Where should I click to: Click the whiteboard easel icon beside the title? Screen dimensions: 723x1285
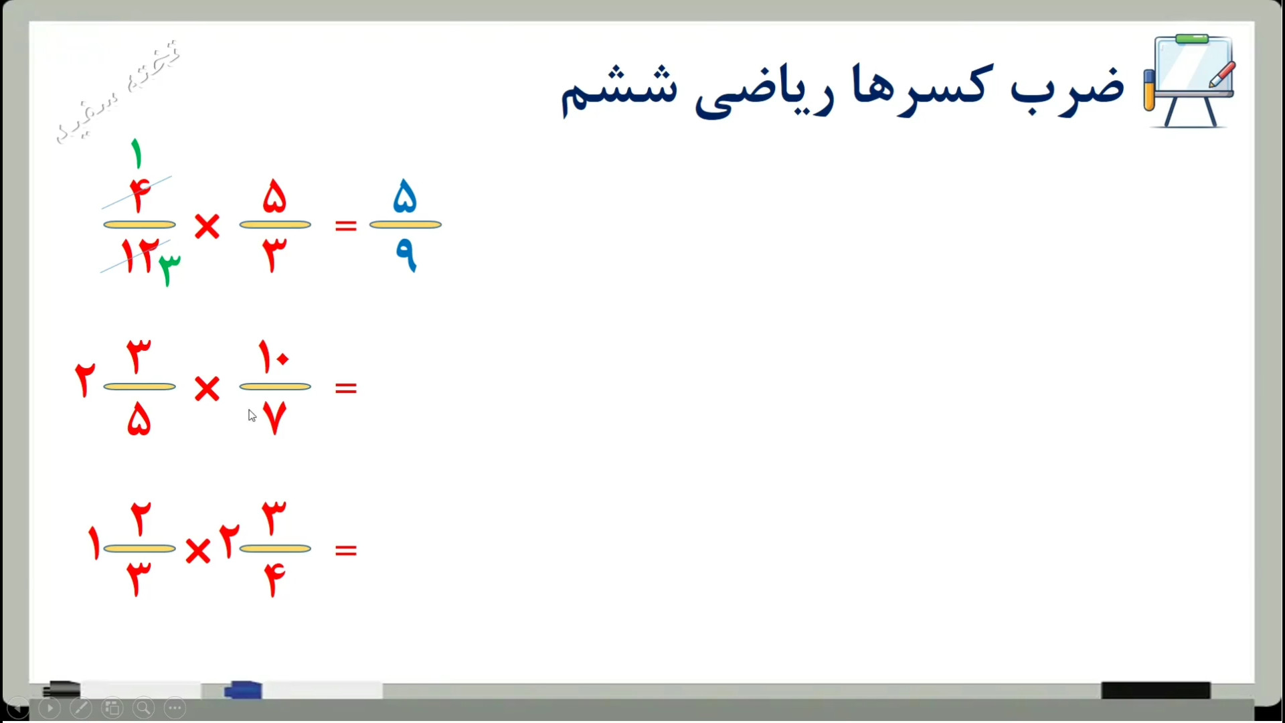[x=1190, y=81]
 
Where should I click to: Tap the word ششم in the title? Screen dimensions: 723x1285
[x=619, y=90]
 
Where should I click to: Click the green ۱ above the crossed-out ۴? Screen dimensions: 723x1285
[x=137, y=153]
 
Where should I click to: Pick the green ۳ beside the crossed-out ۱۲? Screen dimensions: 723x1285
[x=169, y=270]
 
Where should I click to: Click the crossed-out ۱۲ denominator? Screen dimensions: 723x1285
[x=139, y=256]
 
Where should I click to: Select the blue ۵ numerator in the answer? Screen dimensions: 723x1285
[x=405, y=195]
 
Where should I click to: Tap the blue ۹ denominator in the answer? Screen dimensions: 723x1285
[x=406, y=255]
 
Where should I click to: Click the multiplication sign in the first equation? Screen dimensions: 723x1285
[x=207, y=226]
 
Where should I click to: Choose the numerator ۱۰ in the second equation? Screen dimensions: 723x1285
[x=274, y=356]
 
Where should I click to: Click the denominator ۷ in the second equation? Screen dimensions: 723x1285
[x=274, y=418]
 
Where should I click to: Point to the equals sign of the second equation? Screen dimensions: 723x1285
[x=345, y=388]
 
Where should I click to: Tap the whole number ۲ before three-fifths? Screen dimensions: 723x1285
[x=85, y=380]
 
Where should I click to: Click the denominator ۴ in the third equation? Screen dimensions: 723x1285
[x=274, y=580]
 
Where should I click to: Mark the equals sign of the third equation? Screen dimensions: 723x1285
[x=345, y=550]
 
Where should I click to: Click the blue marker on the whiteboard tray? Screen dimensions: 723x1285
[x=243, y=690]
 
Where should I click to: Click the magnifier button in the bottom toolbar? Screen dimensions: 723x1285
[x=143, y=708]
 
